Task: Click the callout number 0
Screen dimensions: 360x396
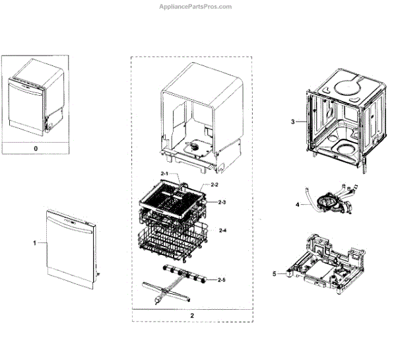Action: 35,149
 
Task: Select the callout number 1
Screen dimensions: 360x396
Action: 34,243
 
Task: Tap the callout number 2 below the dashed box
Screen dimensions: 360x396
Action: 192,316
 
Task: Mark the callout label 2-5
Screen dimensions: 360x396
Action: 222,279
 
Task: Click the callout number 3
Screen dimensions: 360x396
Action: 292,122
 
